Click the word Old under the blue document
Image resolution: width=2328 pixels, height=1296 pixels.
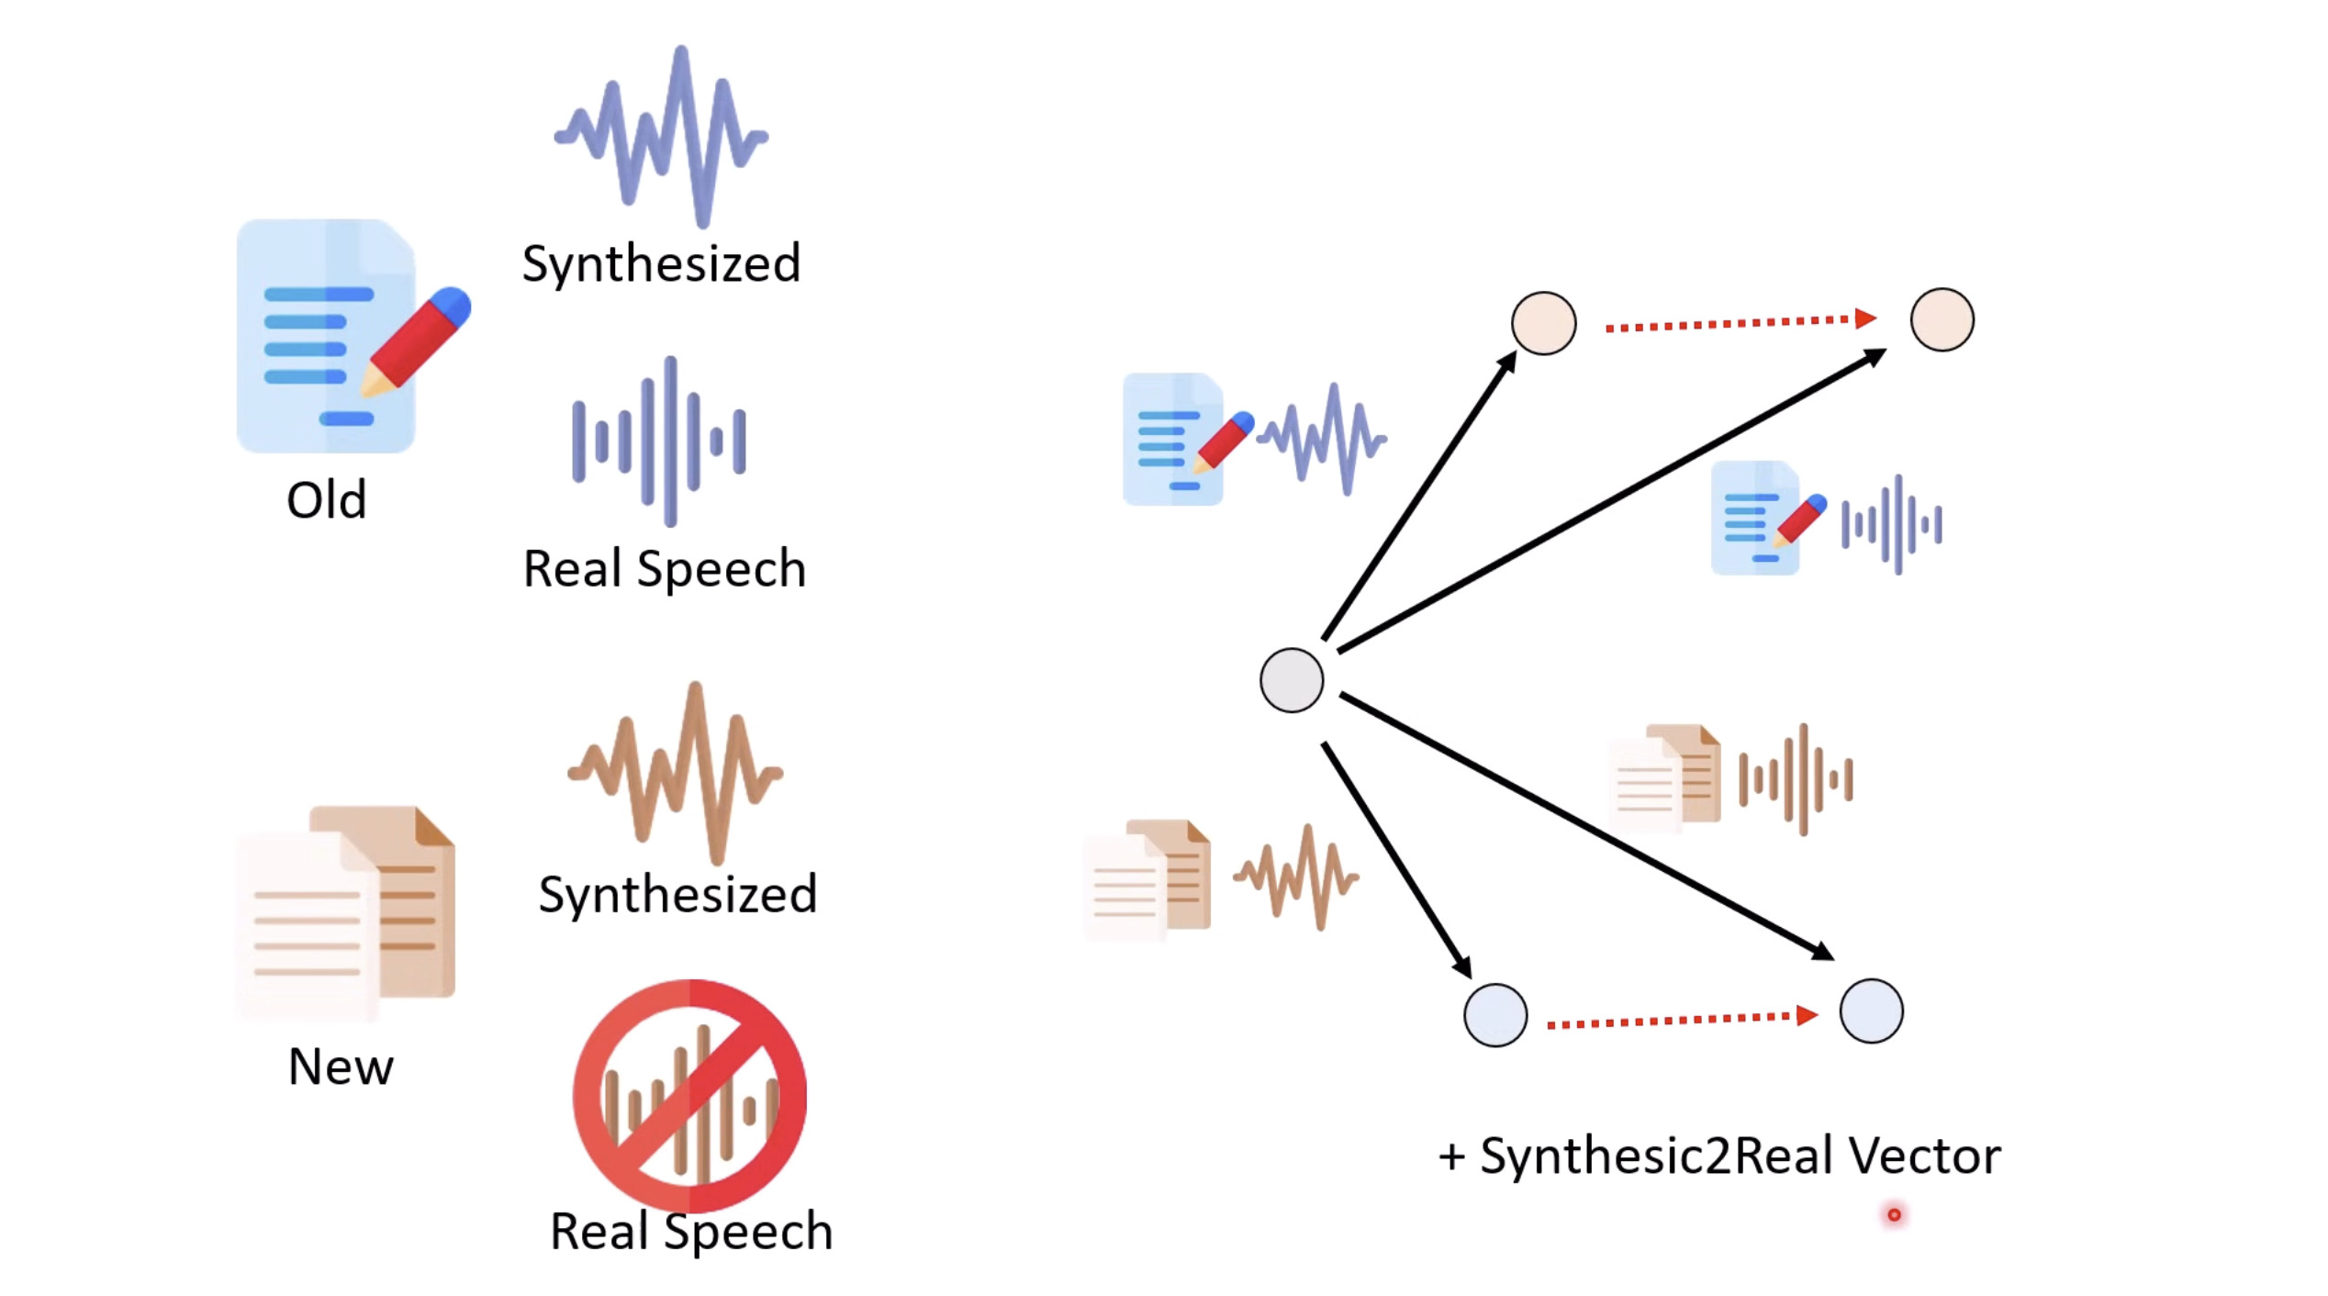[x=326, y=500]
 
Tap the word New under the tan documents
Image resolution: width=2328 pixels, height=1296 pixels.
[x=341, y=1067]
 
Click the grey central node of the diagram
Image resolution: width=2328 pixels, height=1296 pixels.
[x=1291, y=680]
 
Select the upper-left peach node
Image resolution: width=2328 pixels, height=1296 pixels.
[x=1543, y=323]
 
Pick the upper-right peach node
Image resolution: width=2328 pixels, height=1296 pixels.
[x=1942, y=319]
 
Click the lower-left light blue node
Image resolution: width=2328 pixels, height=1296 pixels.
[x=1494, y=1015]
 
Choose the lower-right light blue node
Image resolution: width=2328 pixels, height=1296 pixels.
[x=1871, y=1011]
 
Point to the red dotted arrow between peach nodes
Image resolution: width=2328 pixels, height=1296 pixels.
[x=1740, y=322]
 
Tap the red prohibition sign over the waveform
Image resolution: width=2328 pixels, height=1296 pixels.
[x=689, y=1096]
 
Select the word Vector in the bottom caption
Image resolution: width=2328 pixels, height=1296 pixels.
[x=1924, y=1156]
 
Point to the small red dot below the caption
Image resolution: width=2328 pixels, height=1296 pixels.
[x=1893, y=1215]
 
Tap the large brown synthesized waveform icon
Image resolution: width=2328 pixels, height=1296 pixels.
[x=676, y=772]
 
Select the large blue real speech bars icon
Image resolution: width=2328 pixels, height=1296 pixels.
[x=660, y=441]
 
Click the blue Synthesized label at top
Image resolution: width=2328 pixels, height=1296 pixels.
[x=661, y=264]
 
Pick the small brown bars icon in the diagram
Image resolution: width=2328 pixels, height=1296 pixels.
[x=1796, y=779]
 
